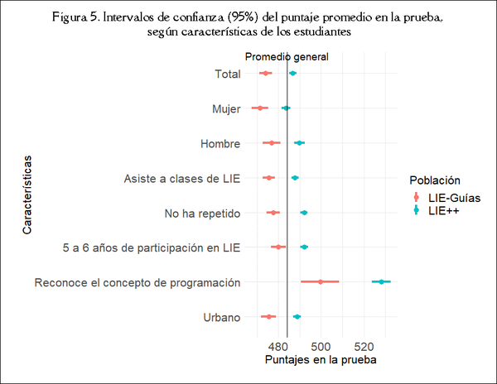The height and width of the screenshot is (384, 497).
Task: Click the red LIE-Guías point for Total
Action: (x=265, y=74)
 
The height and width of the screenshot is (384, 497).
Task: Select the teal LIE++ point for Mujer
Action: (x=286, y=108)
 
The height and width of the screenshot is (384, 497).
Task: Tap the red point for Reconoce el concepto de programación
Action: (x=321, y=282)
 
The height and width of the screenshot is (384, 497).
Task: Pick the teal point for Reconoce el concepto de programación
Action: (x=381, y=282)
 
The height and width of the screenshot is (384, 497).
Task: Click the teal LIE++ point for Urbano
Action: (x=297, y=317)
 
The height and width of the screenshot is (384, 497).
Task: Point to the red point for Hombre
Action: (x=272, y=143)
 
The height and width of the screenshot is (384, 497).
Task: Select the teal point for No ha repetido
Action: (x=304, y=213)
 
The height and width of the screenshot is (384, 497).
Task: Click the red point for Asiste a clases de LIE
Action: (x=268, y=178)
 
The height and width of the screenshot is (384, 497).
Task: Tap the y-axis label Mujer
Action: (x=225, y=108)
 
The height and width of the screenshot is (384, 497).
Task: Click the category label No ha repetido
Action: (x=202, y=214)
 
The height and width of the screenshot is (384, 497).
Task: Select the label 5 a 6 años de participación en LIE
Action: (x=152, y=247)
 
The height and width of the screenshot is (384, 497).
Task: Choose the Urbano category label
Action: (x=221, y=317)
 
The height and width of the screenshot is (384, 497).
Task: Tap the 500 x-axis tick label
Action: (x=321, y=345)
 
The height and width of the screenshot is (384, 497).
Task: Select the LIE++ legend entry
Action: (x=442, y=211)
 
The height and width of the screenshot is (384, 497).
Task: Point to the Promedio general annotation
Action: (x=287, y=57)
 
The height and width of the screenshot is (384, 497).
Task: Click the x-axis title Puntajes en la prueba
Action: (x=320, y=361)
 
